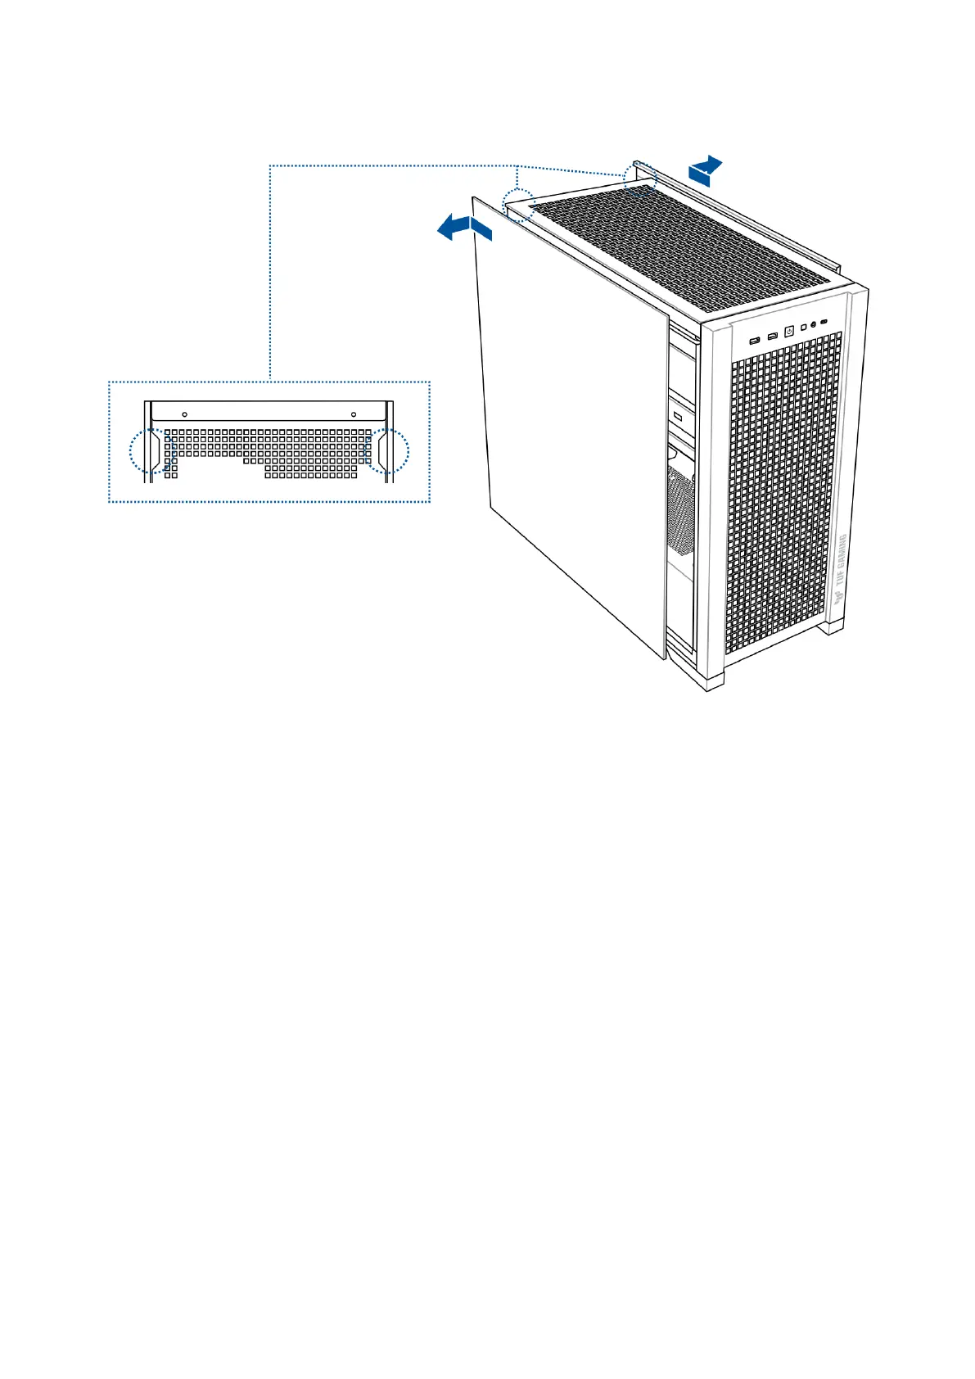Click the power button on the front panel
coord(789,332)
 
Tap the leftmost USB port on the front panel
coord(755,339)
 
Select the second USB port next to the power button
coord(772,336)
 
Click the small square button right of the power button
coord(803,327)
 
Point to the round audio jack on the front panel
coord(813,324)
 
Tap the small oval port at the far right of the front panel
coord(824,321)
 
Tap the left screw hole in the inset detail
coord(185,414)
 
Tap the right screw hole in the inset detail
coord(353,414)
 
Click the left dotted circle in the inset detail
coord(151,450)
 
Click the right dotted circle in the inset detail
coord(386,450)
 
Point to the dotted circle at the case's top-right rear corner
coord(640,175)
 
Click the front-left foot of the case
coord(711,681)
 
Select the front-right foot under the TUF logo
coord(833,626)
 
